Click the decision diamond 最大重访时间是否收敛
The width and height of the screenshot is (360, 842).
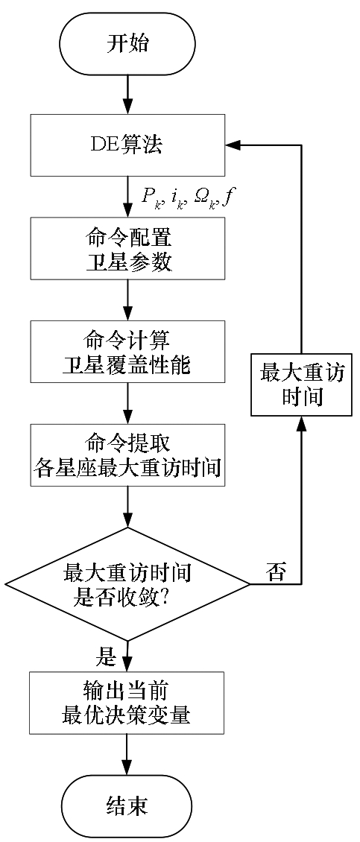pos(127,583)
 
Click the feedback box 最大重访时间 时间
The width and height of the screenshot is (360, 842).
pos(301,383)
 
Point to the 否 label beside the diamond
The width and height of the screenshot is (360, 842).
pos(276,573)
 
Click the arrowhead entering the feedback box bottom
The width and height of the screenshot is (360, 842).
pos(301,422)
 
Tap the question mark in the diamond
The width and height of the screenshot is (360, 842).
pos(165,597)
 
